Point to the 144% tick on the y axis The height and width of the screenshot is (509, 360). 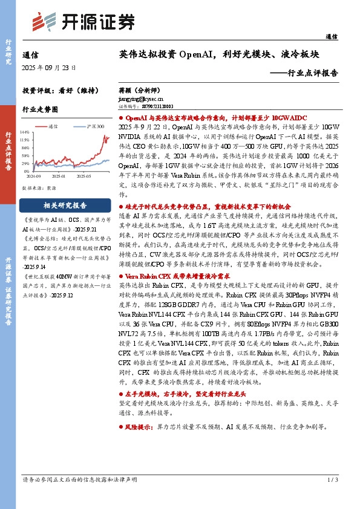pos(25,131)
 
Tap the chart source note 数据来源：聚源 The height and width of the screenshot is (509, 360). pos(39,188)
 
